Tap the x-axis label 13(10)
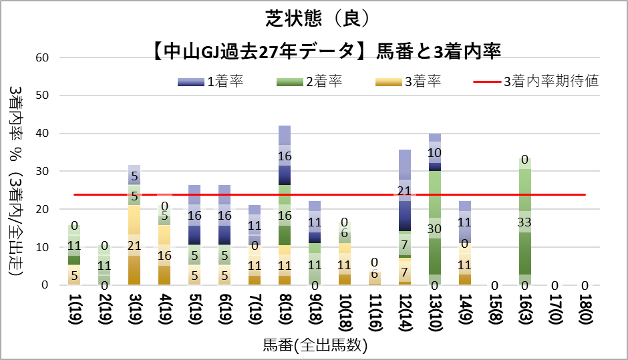pos(435,313)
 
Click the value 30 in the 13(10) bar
pos(435,228)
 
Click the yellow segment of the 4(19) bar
pos(164,237)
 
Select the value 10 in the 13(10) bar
pos(435,153)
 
